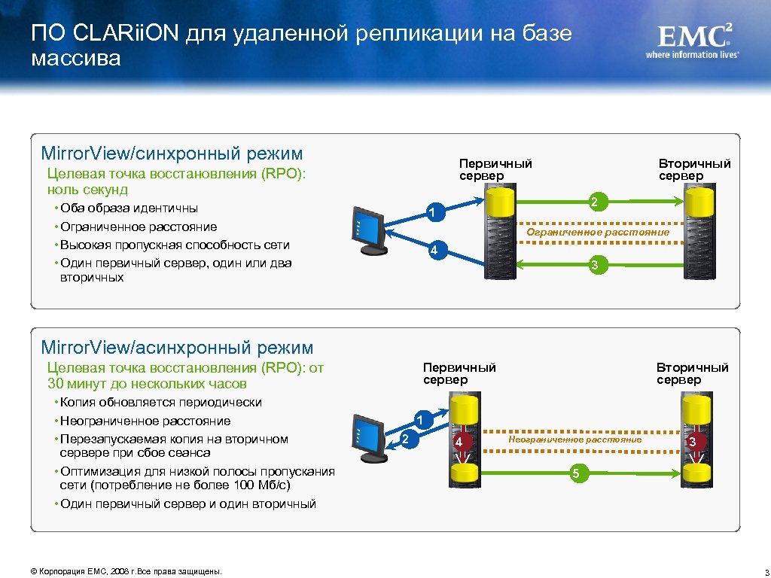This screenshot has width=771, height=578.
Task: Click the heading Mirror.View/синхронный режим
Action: (x=172, y=154)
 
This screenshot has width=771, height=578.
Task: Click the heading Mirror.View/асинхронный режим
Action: (x=177, y=347)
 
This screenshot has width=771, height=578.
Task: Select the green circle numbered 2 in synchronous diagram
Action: (x=594, y=202)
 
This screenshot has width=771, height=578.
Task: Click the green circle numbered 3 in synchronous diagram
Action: (x=594, y=265)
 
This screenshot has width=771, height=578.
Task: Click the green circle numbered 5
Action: (x=575, y=473)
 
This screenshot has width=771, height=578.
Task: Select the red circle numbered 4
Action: (x=458, y=442)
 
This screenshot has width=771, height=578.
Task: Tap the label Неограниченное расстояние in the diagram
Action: (x=575, y=439)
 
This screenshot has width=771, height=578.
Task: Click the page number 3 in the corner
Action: (x=764, y=571)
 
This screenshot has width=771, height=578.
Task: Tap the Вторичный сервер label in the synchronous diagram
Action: (x=694, y=169)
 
